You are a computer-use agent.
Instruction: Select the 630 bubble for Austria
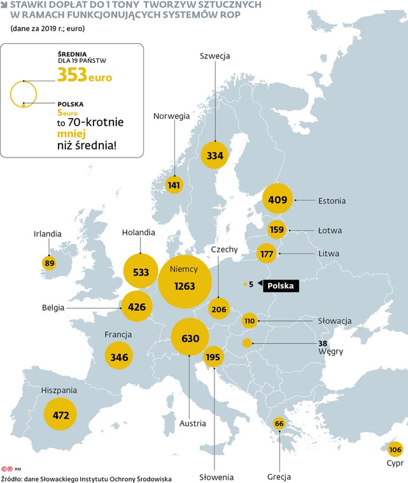[x=190, y=338]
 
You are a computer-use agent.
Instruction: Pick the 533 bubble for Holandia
[x=141, y=272]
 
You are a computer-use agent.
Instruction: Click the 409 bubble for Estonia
[x=278, y=200]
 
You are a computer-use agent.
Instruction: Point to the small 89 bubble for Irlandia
[x=49, y=262]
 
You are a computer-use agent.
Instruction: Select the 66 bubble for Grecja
[x=278, y=423]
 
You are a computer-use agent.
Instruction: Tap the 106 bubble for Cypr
[x=395, y=449]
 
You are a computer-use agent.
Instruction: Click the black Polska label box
[x=281, y=286]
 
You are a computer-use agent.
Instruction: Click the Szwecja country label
[x=215, y=56]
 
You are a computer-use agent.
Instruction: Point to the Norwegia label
[x=171, y=116]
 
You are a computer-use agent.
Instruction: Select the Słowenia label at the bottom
[x=216, y=477]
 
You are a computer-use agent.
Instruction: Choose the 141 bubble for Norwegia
[x=174, y=185]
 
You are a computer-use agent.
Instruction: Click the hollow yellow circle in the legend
[x=24, y=93]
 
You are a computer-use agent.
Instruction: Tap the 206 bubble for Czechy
[x=218, y=309]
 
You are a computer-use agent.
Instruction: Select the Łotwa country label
[x=330, y=230]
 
